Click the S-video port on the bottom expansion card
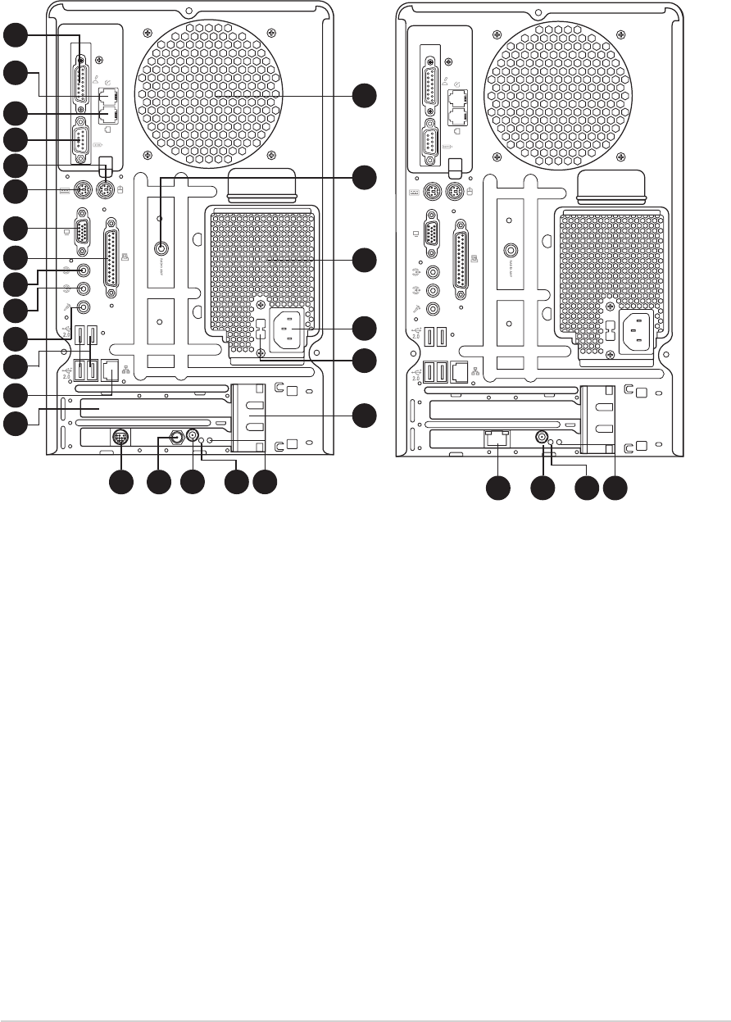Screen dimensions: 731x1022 click(x=120, y=438)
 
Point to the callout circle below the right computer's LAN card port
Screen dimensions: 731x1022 click(x=497, y=490)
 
